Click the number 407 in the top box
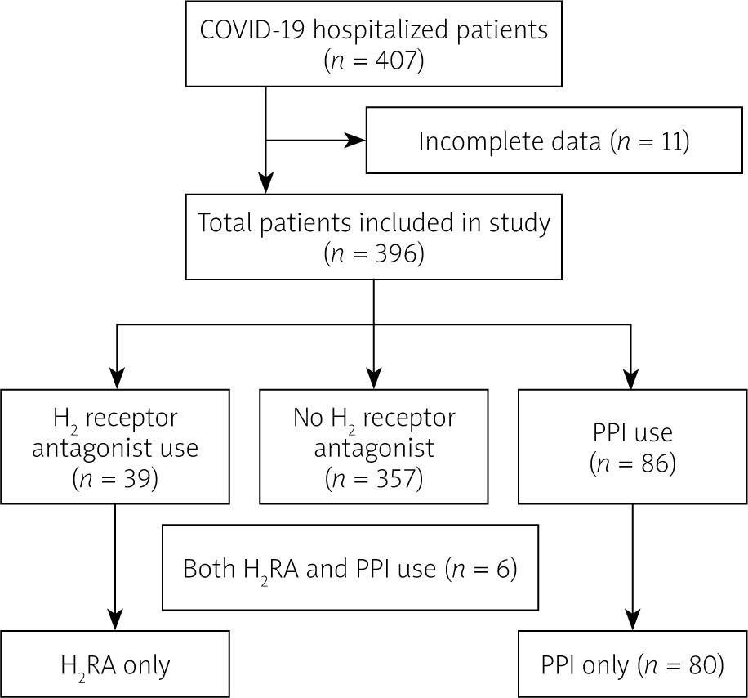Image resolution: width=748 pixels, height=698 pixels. coord(395,60)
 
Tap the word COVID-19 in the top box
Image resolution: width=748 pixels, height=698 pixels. coord(252,29)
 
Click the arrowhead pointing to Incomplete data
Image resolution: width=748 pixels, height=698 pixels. coord(354,141)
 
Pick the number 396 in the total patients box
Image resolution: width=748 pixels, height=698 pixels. coord(395,253)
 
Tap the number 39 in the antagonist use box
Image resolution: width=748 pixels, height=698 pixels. coord(139,478)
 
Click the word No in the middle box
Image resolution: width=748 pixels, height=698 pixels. coord(308,418)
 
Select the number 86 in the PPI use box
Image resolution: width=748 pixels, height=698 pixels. coord(656,463)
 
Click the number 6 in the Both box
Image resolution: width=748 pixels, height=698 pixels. coord(504,569)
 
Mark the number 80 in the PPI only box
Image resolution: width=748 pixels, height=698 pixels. coord(703,665)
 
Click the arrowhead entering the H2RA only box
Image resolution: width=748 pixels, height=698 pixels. coord(115,620)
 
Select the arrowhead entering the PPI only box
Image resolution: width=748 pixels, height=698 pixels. coord(633,620)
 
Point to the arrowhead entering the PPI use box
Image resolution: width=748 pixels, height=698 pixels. coord(631,378)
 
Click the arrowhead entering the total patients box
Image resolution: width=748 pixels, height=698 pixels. coord(265,183)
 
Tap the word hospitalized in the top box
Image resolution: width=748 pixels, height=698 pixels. coord(381,31)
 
